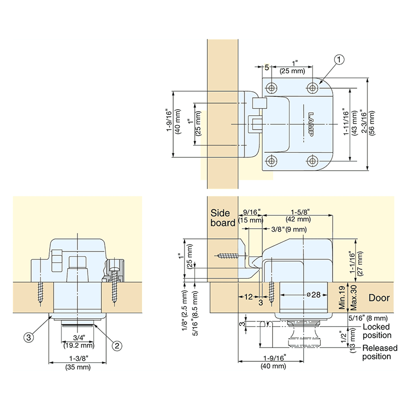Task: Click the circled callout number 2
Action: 117,345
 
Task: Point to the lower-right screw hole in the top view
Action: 312,161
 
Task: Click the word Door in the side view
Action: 379,298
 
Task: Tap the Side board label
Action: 222,218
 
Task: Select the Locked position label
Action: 377,331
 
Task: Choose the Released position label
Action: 380,352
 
